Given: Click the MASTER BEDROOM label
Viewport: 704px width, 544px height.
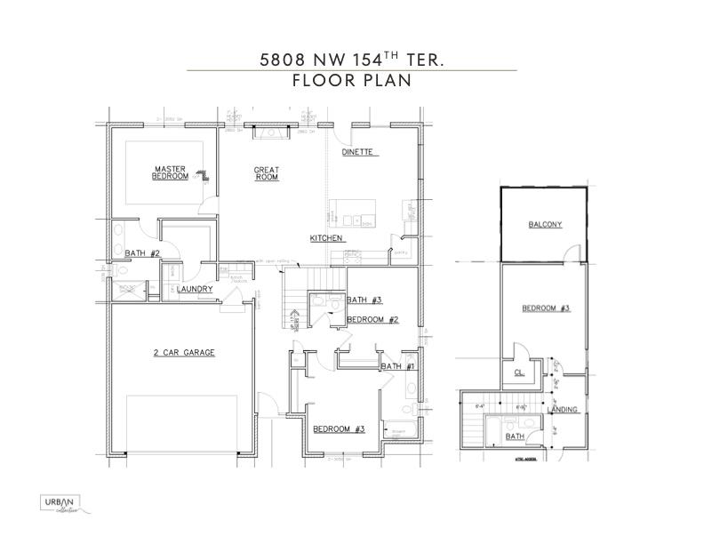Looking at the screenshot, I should pyautogui.click(x=170, y=172).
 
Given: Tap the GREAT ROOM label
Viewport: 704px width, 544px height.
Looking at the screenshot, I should pyautogui.click(x=267, y=173).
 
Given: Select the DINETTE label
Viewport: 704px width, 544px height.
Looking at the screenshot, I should pyautogui.click(x=360, y=153).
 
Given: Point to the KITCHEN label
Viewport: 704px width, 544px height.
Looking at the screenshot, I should pyautogui.click(x=326, y=238).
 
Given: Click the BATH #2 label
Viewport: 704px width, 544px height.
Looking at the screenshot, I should pyautogui.click(x=142, y=254).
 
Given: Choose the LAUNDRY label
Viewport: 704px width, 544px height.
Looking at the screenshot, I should pyautogui.click(x=195, y=289).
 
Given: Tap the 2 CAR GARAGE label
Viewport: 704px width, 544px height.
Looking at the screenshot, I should pyautogui.click(x=184, y=353).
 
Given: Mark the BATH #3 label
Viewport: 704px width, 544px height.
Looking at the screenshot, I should pyautogui.click(x=364, y=300).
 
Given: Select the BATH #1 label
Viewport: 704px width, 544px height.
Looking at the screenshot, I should pyautogui.click(x=397, y=365).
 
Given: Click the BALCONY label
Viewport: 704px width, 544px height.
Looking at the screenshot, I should pyautogui.click(x=545, y=225).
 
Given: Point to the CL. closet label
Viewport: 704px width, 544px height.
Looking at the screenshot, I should pyautogui.click(x=518, y=372).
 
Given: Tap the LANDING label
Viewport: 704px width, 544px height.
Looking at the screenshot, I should pyautogui.click(x=563, y=410).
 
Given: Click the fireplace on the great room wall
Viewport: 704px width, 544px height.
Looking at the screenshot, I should pyautogui.click(x=270, y=133).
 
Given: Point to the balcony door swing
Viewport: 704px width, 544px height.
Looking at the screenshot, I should pyautogui.click(x=571, y=257).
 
